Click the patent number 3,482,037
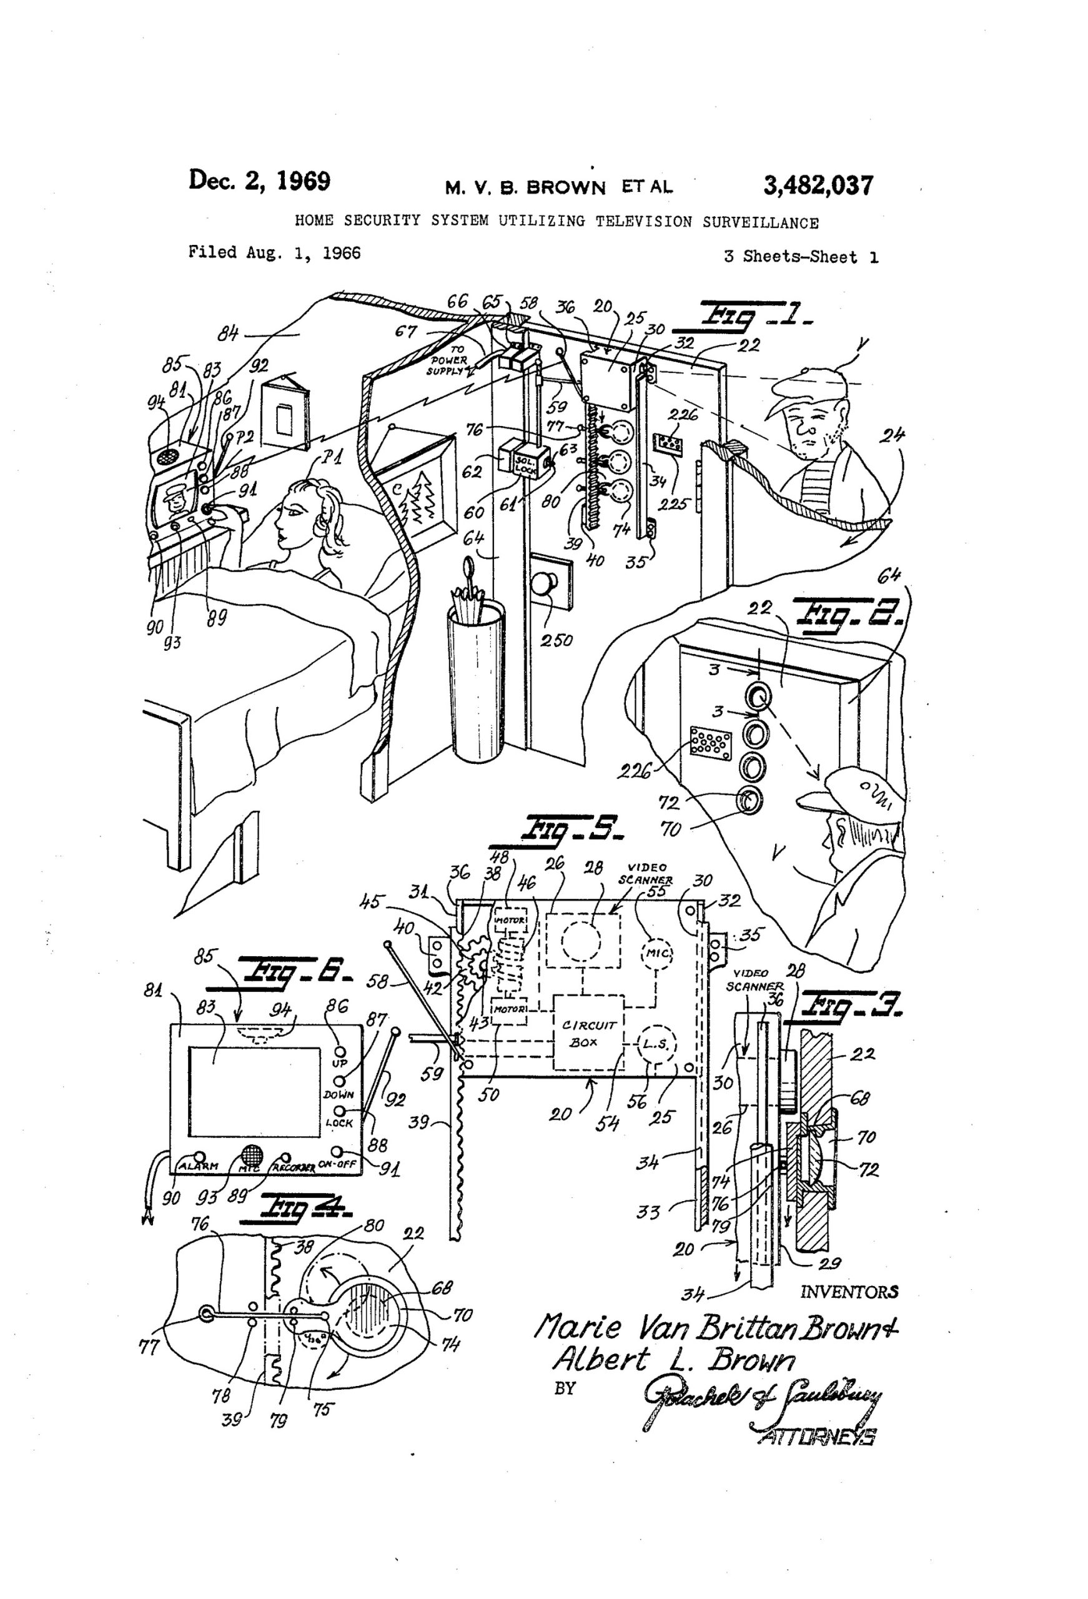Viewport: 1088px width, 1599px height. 818,185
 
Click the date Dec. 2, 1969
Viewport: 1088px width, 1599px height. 259,181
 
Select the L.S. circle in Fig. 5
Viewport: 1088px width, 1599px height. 655,1044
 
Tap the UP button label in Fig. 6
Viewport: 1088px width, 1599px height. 340,1064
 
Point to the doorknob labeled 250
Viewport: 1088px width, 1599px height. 546,585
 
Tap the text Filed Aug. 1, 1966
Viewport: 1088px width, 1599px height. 275,252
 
